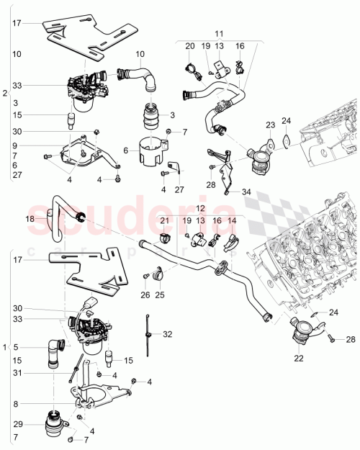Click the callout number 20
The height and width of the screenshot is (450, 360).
tap(190, 46)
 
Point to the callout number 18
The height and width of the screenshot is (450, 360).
tap(30, 219)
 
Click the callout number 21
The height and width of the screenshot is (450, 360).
tap(165, 220)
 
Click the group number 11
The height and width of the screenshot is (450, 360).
tap(220, 33)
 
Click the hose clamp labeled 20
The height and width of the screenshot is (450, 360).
tap(192, 69)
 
